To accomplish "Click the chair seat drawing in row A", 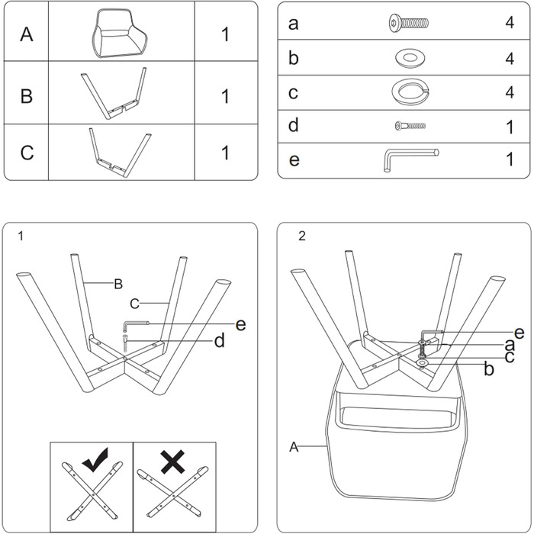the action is [120, 34].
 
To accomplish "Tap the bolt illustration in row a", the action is [409, 23].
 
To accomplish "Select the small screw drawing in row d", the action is [410, 126].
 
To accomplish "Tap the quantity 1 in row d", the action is [510, 127].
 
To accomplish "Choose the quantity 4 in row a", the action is [510, 22].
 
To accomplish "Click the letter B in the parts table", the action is [27, 95].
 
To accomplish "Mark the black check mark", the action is [95, 460].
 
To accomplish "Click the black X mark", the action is [173, 462].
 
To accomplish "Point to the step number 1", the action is [21, 236].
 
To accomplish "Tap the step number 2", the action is [302, 236].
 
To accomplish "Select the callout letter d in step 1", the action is [220, 340].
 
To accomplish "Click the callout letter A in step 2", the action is [294, 447].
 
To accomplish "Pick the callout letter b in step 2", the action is [489, 368].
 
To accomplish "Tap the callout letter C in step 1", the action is [134, 304].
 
